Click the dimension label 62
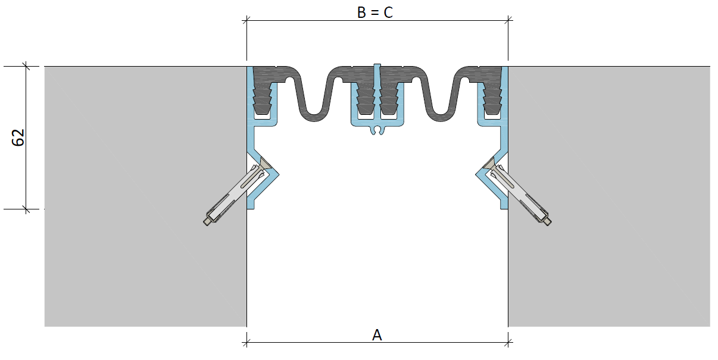[18, 137]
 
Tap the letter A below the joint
[377, 335]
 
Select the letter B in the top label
[361, 12]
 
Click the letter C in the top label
[388, 12]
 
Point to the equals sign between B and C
[374, 13]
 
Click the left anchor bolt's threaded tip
[207, 221]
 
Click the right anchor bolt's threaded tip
[548, 221]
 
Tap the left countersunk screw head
[265, 164]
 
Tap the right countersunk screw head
[489, 164]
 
